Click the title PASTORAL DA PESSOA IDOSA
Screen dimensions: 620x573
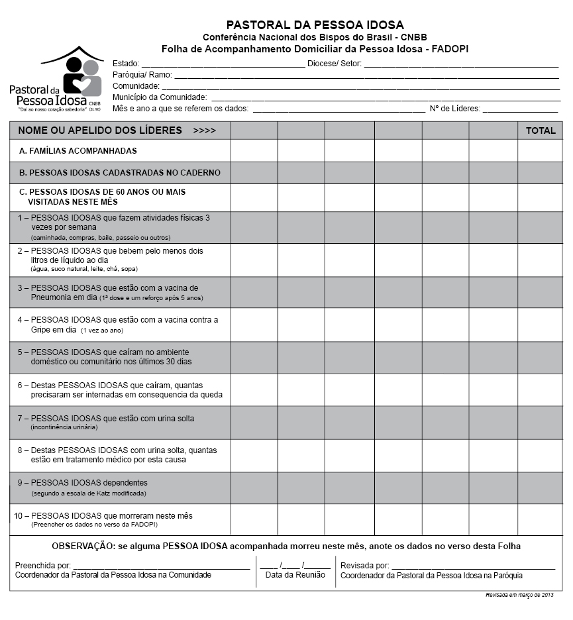pyautogui.click(x=315, y=25)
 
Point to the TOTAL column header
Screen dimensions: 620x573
pyautogui.click(x=541, y=130)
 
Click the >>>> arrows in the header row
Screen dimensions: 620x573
pyautogui.click(x=204, y=131)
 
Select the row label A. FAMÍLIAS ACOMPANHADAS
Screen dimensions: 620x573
pyautogui.click(x=78, y=151)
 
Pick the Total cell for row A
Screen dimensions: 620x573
pyautogui.click(x=541, y=151)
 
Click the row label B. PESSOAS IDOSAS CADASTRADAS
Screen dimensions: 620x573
pyautogui.click(x=119, y=173)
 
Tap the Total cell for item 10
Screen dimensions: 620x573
pyautogui.click(x=541, y=519)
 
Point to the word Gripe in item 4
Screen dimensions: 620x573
pyautogui.click(x=42, y=329)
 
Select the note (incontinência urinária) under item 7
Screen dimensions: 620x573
pyautogui.click(x=64, y=427)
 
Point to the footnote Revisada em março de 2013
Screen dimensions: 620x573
pyautogui.click(x=519, y=595)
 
